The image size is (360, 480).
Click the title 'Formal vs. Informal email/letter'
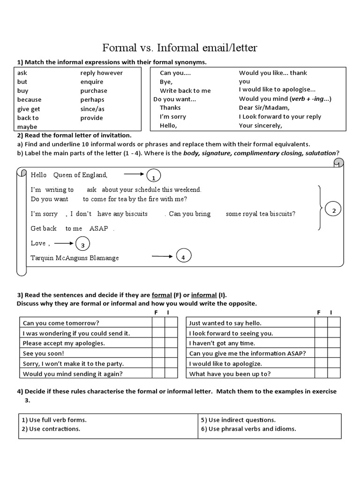pyautogui.click(x=180, y=48)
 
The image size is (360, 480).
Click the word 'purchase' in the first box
pyautogui.click(x=94, y=91)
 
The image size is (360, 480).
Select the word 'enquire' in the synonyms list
pyautogui.click(x=92, y=82)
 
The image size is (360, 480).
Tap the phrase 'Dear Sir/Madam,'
pyautogui.click(x=264, y=108)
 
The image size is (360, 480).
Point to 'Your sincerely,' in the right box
pyautogui.click(x=261, y=126)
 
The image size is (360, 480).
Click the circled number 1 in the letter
pyautogui.click(x=153, y=177)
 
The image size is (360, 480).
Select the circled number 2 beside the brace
pyautogui.click(x=334, y=211)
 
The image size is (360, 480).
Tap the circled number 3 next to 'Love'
pyautogui.click(x=82, y=245)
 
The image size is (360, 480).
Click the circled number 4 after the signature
pyautogui.click(x=183, y=257)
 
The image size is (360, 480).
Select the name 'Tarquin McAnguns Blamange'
pyautogui.click(x=75, y=258)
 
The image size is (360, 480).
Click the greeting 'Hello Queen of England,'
pyautogui.click(x=69, y=175)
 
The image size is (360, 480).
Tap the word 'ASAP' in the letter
pyautogui.click(x=98, y=229)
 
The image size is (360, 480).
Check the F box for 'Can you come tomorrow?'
pyautogui.click(x=158, y=322)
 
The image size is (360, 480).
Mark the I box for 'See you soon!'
pyautogui.click(x=171, y=353)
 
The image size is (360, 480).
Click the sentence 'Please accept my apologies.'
pyautogui.click(x=64, y=343)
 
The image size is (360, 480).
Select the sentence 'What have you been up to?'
pyautogui.click(x=230, y=374)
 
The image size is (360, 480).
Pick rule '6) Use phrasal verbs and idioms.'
pyautogui.click(x=248, y=429)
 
